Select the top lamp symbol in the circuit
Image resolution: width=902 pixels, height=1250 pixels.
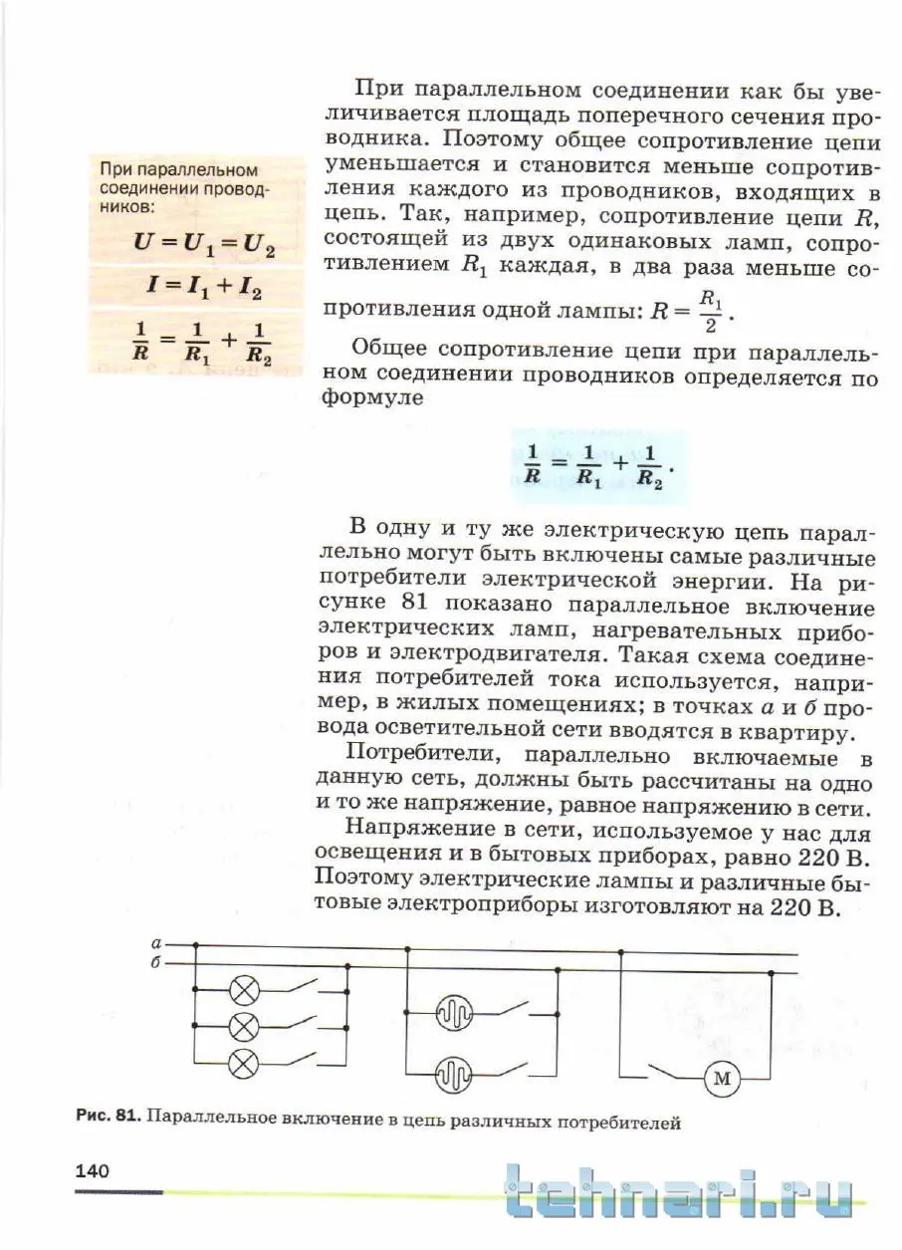pyautogui.click(x=244, y=990)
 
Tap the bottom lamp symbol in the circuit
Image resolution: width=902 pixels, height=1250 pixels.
pyautogui.click(x=244, y=1064)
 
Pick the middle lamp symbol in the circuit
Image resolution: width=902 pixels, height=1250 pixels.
pyautogui.click(x=244, y=1025)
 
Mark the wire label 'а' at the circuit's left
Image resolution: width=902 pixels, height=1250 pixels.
pyautogui.click(x=156, y=942)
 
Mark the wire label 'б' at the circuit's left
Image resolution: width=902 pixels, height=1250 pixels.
pyautogui.click(x=156, y=963)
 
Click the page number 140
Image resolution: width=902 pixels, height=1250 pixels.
pyautogui.click(x=92, y=1171)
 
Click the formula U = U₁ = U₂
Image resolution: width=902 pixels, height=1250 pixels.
pyautogui.click(x=204, y=243)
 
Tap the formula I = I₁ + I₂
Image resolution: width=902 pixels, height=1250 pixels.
pyautogui.click(x=204, y=290)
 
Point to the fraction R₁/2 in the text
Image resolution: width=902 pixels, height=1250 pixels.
pyautogui.click(x=709, y=313)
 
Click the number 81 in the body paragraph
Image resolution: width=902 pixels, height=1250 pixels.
pyautogui.click(x=412, y=604)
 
